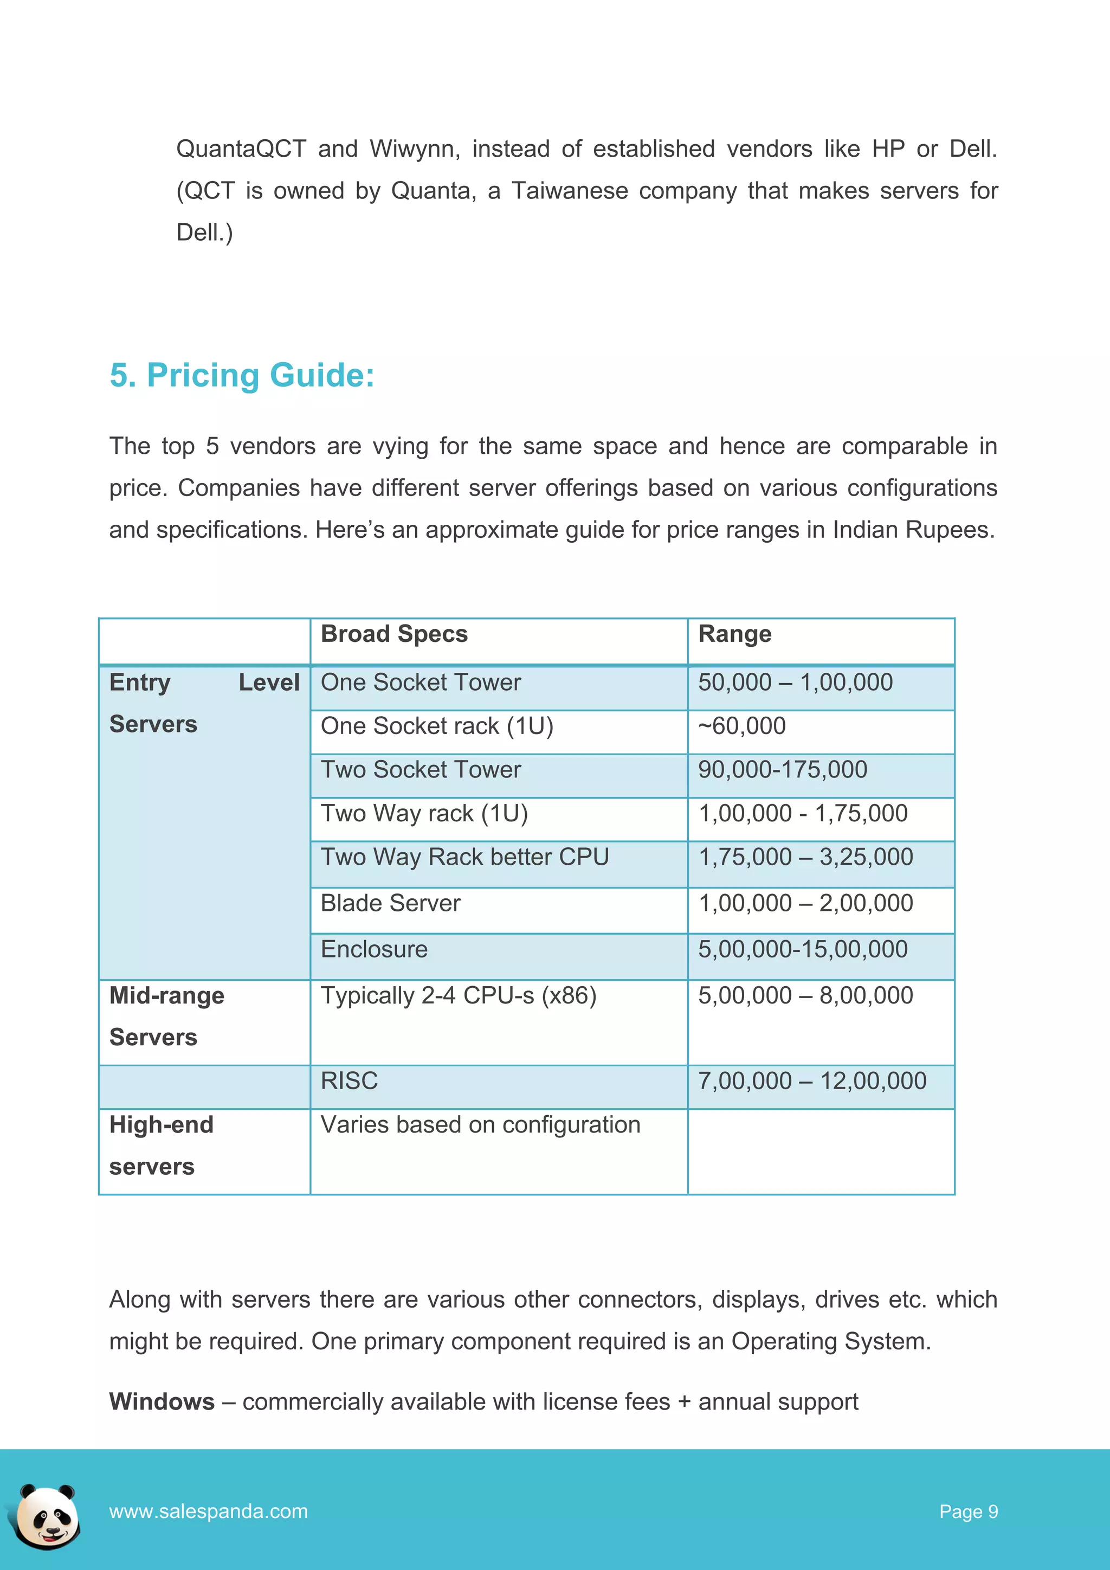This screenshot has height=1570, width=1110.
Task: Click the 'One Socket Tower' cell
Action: [x=421, y=683]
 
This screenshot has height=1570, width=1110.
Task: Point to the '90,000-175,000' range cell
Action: [x=782, y=770]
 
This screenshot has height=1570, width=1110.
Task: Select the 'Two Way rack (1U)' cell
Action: [x=424, y=814]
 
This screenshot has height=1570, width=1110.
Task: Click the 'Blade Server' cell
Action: [x=390, y=903]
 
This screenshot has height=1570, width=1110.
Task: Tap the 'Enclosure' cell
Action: [x=374, y=950]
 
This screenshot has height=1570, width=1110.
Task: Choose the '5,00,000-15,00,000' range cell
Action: [x=803, y=950]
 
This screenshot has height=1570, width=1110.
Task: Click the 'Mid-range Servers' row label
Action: [x=167, y=1016]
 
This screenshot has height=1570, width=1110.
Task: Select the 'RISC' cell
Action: [x=349, y=1081]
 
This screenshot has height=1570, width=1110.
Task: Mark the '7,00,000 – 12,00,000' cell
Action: [x=811, y=1081]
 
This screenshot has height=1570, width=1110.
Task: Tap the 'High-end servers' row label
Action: [x=162, y=1146]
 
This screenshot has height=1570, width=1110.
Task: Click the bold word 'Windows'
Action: [x=162, y=1402]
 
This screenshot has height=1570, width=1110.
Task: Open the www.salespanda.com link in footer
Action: [x=209, y=1511]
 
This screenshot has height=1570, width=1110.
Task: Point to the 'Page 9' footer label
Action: [x=968, y=1512]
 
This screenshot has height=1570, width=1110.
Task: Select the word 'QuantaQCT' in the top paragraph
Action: [x=241, y=149]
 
